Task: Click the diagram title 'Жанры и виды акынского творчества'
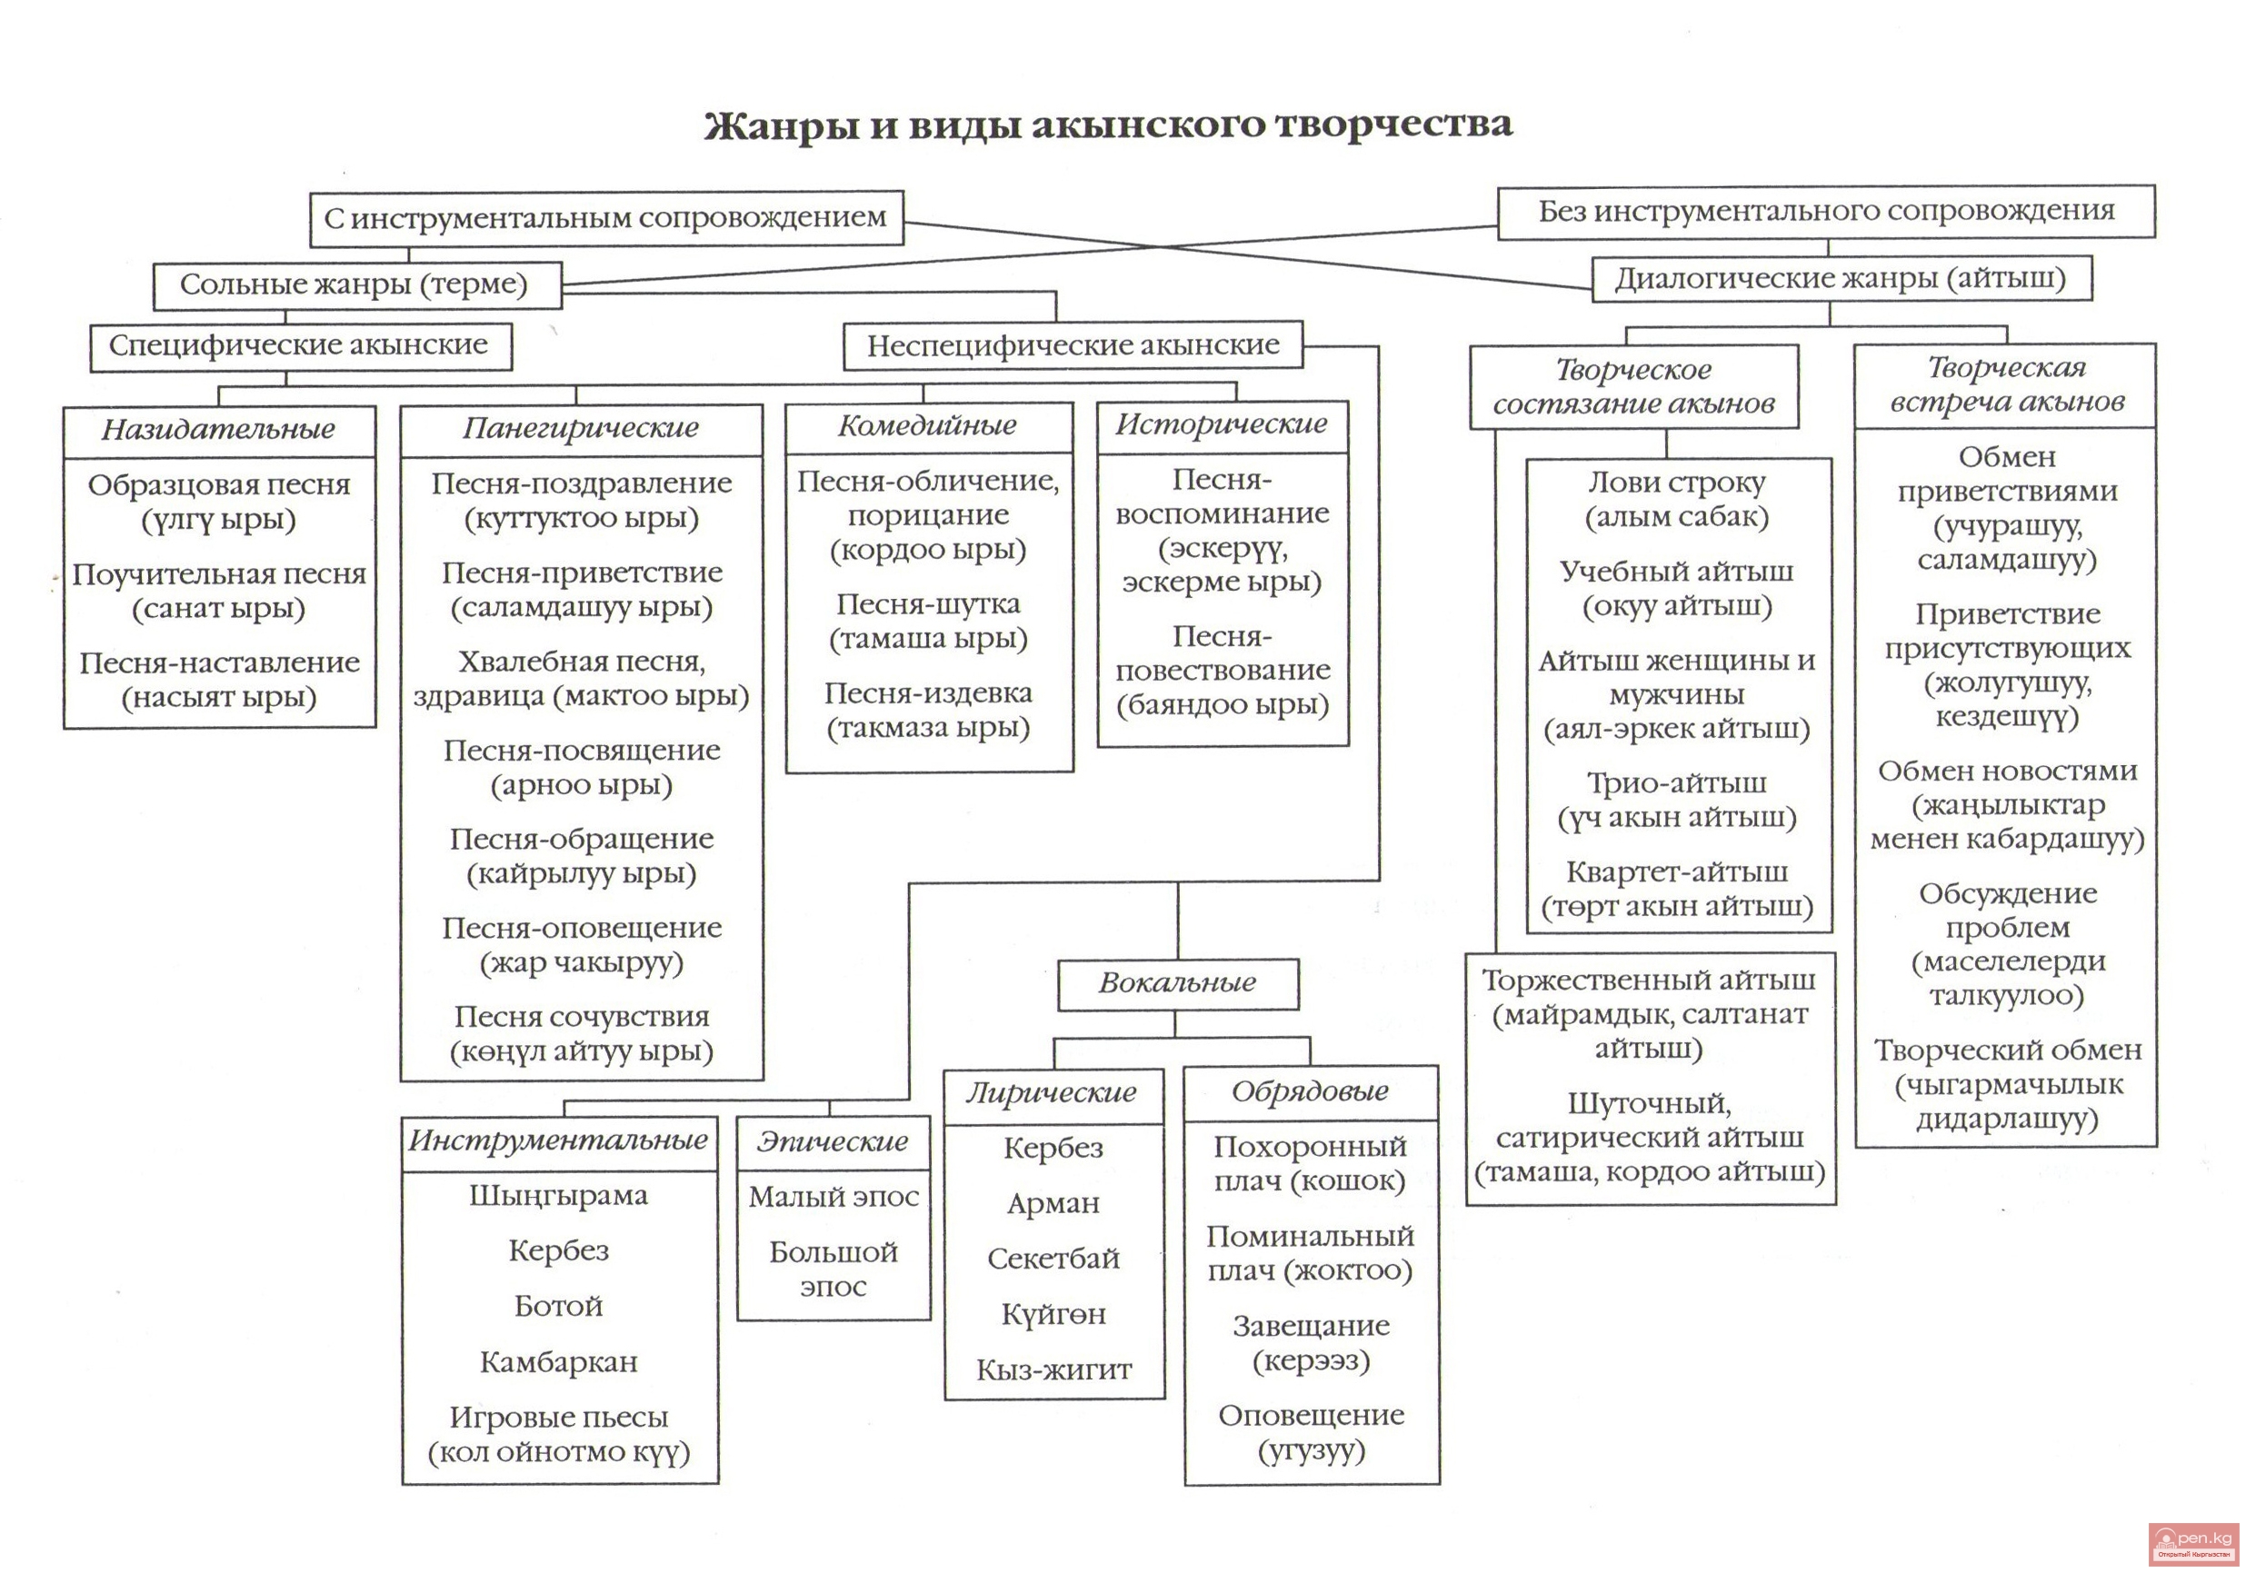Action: [x=1107, y=125]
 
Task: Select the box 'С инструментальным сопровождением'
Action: [x=605, y=217]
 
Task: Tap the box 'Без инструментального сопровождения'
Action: [x=1825, y=212]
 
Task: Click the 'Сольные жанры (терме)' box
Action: [x=356, y=284]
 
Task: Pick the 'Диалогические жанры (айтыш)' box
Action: [x=1840, y=279]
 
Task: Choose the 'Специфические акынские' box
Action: [x=299, y=345]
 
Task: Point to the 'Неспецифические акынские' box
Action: [x=1073, y=345]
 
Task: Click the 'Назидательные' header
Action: [x=218, y=430]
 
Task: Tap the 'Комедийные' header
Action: [x=927, y=425]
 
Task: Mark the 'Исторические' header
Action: [x=1222, y=424]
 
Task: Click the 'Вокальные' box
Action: [x=1177, y=982]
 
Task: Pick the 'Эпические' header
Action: [x=833, y=1141]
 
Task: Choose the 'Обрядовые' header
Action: [x=1310, y=1091]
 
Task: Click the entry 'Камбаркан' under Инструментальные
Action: [x=559, y=1361]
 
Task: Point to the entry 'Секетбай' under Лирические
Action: [x=1053, y=1258]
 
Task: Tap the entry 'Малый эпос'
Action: [x=834, y=1198]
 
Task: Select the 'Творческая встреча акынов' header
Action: [x=2005, y=384]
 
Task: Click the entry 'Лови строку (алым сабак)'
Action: [x=1677, y=500]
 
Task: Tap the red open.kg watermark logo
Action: [x=2192, y=1543]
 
